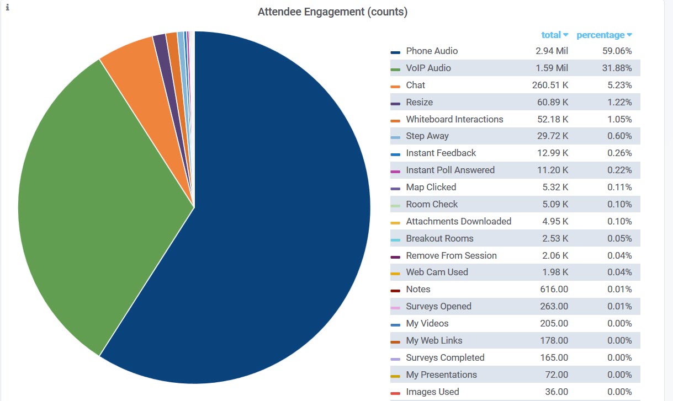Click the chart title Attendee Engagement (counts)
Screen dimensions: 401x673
(x=332, y=12)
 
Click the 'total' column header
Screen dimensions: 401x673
(x=551, y=35)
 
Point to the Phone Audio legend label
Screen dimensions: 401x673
(x=432, y=51)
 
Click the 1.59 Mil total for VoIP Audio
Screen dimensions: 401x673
(x=552, y=68)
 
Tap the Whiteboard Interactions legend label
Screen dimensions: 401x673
(x=454, y=119)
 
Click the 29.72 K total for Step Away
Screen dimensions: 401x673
(x=553, y=136)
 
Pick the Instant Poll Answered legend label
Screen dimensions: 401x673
(x=450, y=170)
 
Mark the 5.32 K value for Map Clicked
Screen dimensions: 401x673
(x=555, y=187)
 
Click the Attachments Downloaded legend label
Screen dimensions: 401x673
(x=458, y=221)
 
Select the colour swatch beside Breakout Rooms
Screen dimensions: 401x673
(x=395, y=239)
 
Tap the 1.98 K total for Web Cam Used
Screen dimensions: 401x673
(x=554, y=272)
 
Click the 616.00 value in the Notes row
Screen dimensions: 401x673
(x=554, y=289)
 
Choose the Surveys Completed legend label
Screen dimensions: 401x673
(x=445, y=357)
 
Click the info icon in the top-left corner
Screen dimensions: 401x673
(x=8, y=8)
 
